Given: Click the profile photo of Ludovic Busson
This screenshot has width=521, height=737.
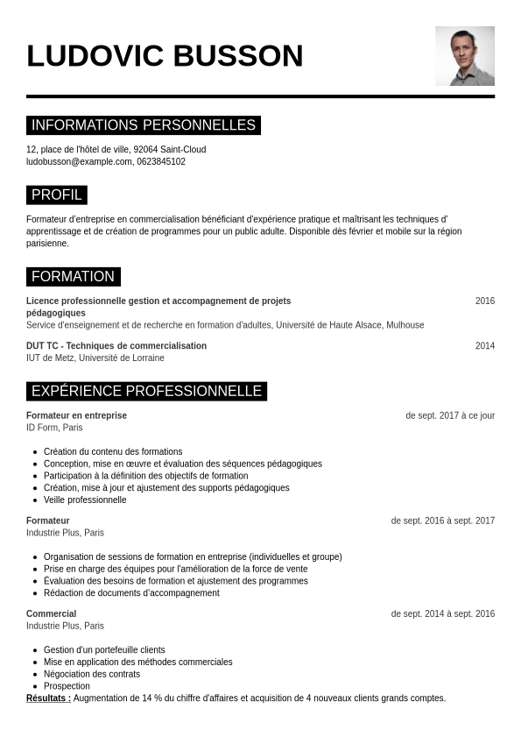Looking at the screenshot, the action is click(x=465, y=56).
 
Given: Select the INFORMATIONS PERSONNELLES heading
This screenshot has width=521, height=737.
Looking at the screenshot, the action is click(x=144, y=125).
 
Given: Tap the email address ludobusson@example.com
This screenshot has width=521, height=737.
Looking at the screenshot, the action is click(x=79, y=162).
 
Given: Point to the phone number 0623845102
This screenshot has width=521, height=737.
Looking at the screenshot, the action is click(x=161, y=162).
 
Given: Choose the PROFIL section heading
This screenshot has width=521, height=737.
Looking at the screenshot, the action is click(x=57, y=195).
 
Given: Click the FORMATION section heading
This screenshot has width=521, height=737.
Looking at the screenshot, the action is click(x=73, y=277).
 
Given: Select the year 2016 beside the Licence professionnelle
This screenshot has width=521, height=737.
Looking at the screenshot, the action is click(x=485, y=301).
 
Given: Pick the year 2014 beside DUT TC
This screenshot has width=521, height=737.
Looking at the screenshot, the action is click(x=485, y=346).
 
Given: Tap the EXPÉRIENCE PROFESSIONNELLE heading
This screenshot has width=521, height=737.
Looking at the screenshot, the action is click(x=146, y=391).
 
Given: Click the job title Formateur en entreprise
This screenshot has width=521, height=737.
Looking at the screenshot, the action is click(x=76, y=415).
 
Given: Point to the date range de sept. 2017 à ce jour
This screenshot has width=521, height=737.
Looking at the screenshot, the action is click(x=450, y=415).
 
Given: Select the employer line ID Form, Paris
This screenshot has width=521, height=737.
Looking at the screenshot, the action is click(x=54, y=428).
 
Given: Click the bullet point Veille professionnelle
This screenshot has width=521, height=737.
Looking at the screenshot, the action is click(x=85, y=500).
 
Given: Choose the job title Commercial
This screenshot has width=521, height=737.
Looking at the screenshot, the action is click(x=51, y=614).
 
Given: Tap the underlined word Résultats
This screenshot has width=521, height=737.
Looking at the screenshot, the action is click(x=48, y=698).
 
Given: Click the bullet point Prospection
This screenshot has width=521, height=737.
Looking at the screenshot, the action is click(x=67, y=686).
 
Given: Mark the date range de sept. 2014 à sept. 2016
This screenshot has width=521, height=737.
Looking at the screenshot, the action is click(x=443, y=614).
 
